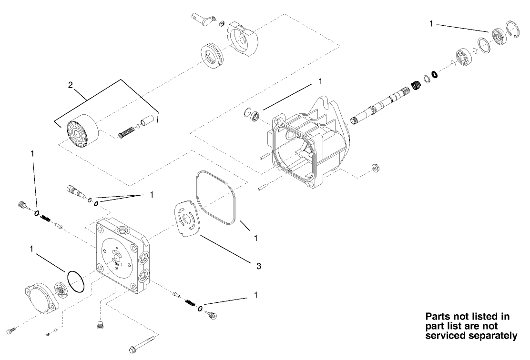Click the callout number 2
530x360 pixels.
[71, 85]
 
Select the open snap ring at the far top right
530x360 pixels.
[513, 34]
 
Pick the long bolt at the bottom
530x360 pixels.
[142, 344]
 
